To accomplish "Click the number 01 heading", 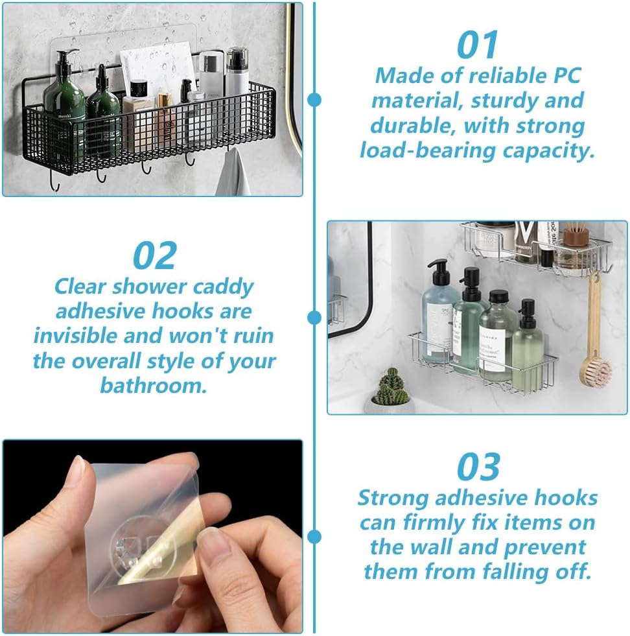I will (x=478, y=45).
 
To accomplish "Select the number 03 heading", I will (x=478, y=467).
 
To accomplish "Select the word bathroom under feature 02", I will (x=154, y=386).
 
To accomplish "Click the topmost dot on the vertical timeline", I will (x=314, y=99).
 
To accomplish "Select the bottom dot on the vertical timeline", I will (x=314, y=536).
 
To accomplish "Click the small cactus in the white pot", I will (x=391, y=388).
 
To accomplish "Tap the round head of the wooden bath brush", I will (x=594, y=371).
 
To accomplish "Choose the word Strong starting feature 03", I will (x=393, y=498).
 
